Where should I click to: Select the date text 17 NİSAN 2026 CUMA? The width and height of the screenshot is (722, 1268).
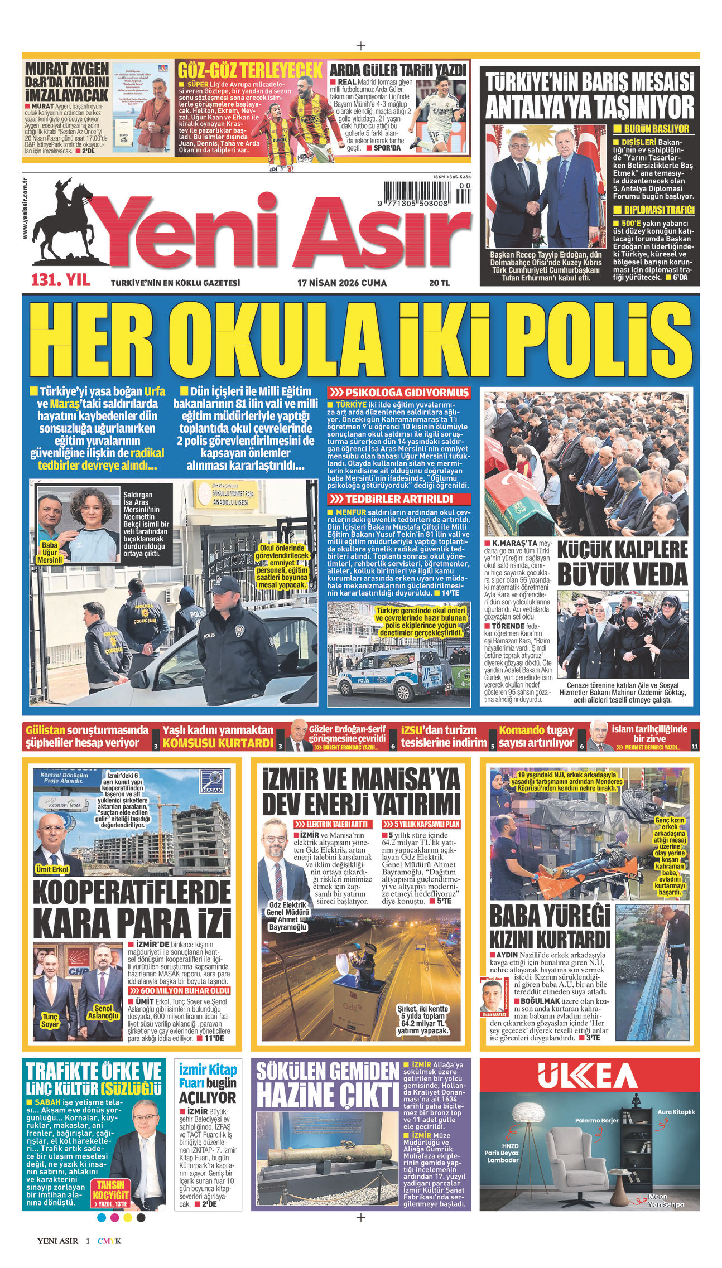[x=341, y=283]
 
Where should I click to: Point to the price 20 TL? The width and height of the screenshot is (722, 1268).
[x=439, y=283]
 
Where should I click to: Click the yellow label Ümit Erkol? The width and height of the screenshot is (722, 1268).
[x=51, y=869]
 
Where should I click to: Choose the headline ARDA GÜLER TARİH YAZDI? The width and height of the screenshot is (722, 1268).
[x=397, y=70]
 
